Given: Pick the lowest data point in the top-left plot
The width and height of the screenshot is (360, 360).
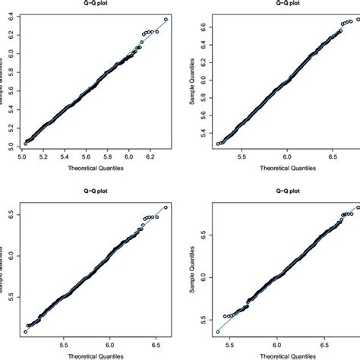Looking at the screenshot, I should click(25, 143).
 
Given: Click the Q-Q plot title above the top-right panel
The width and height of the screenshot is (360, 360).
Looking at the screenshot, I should click(284, 3).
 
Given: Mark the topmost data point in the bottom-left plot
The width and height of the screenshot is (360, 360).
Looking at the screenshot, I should click(166, 207).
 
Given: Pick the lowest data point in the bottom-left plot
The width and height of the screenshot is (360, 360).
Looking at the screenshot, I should click(25, 331).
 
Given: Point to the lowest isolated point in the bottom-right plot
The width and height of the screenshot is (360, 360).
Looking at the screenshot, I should click(218, 331).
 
